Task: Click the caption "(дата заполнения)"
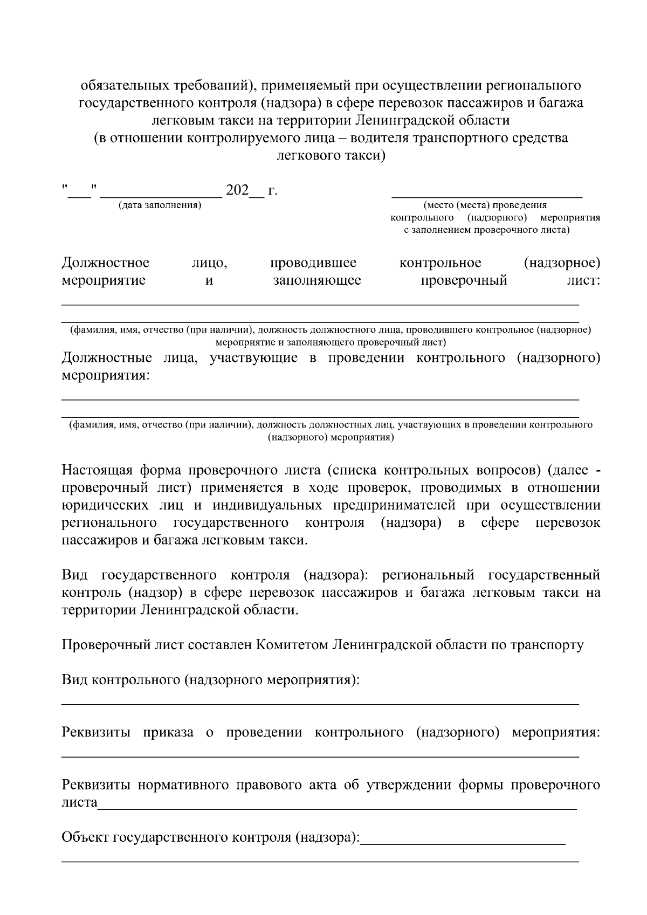pos(160,205)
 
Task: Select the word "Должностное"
pos(106,263)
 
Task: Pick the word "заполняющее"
pos(316,280)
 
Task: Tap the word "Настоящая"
pos(95,470)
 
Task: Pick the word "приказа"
pos(168,733)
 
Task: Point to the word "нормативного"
pos(187,785)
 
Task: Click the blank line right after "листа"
pos(337,808)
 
